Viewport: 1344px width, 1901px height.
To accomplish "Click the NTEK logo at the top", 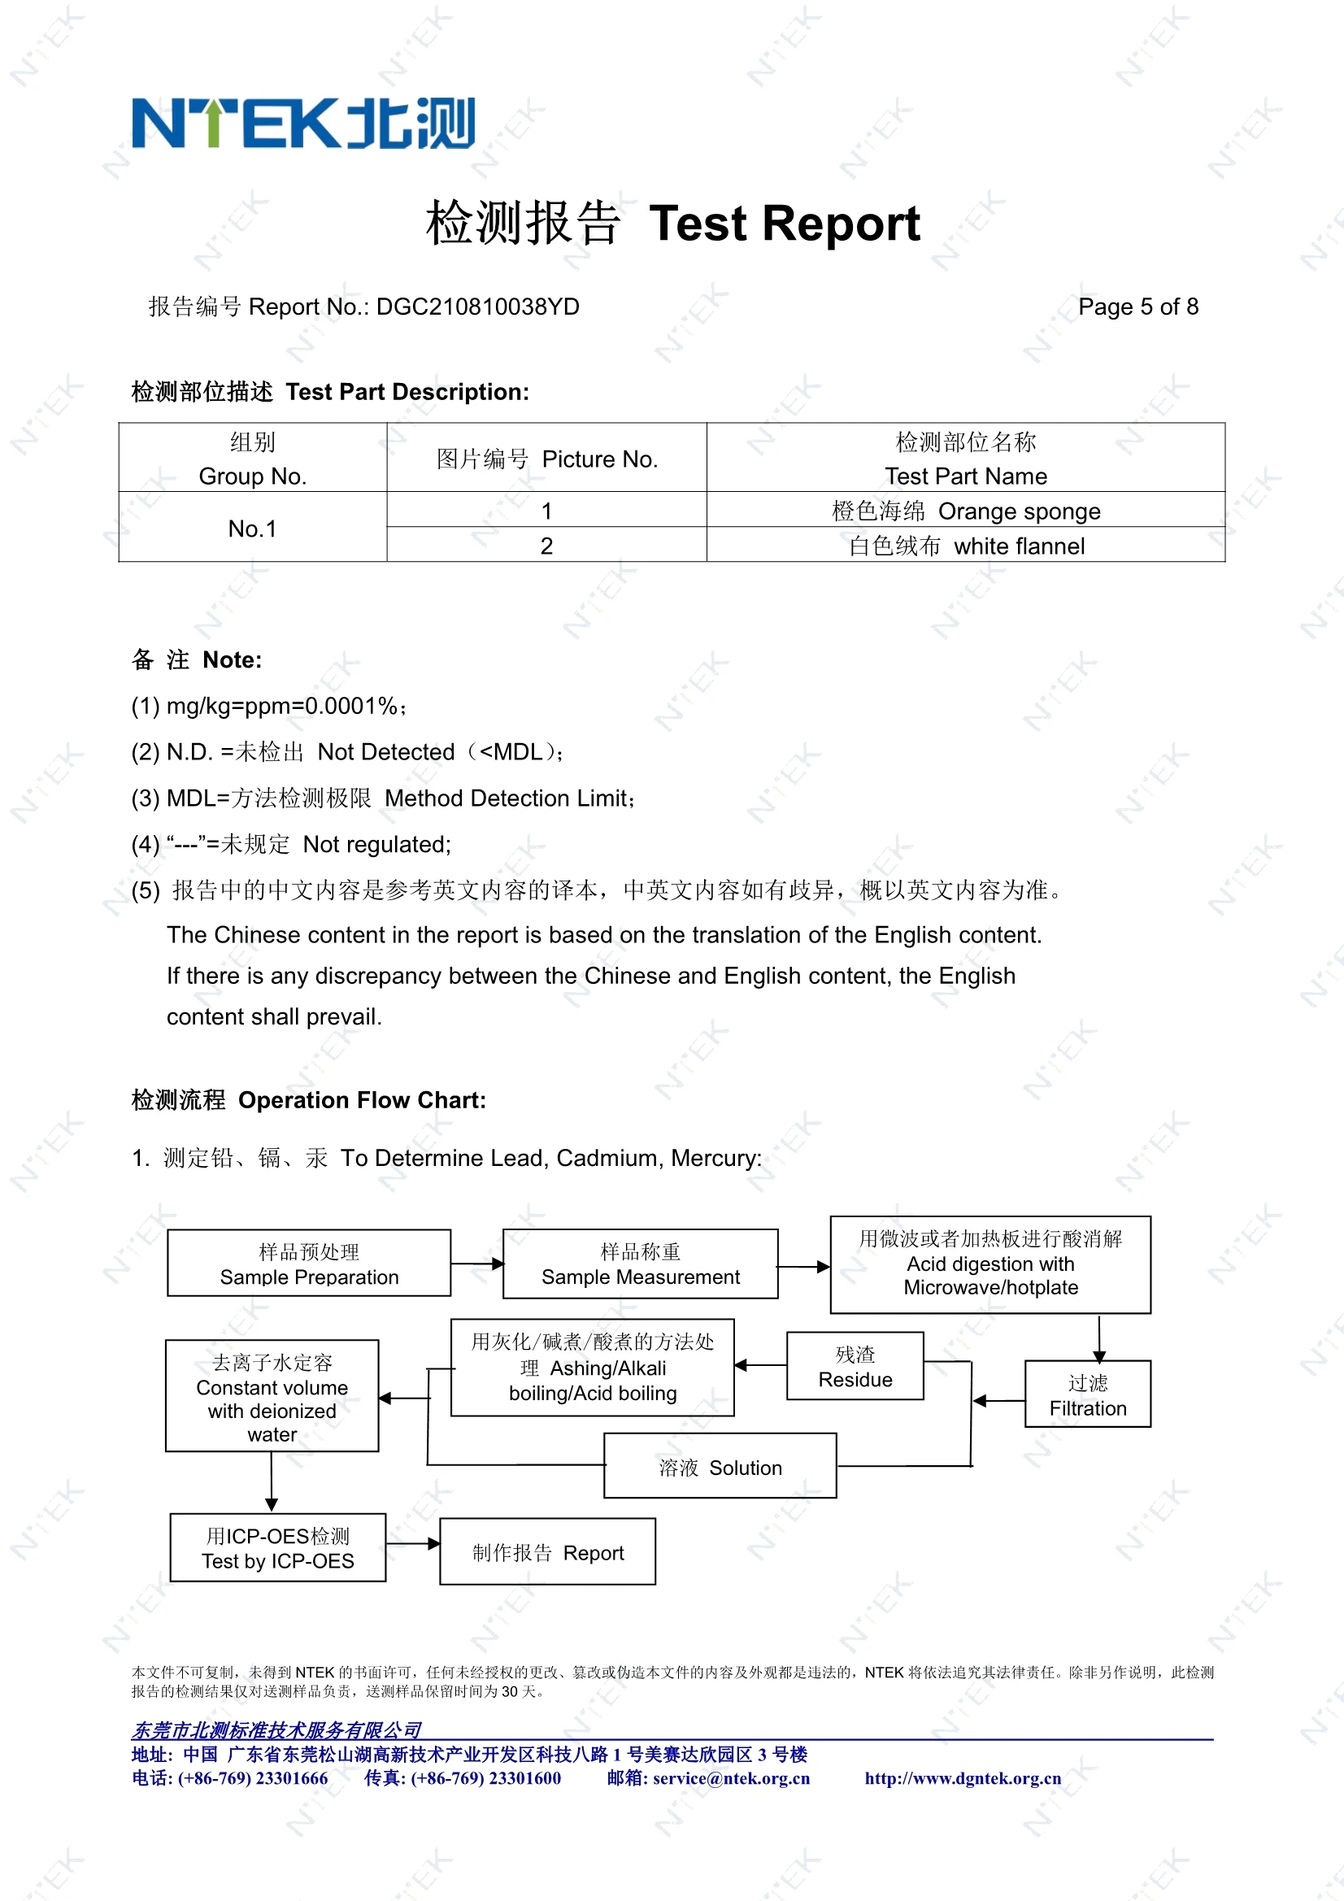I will [303, 124].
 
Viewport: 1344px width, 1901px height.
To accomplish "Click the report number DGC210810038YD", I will [477, 307].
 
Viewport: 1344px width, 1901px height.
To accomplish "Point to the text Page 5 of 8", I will [1137, 307].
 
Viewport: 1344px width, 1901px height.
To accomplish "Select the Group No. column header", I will [253, 459].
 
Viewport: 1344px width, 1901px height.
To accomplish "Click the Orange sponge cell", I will [966, 511].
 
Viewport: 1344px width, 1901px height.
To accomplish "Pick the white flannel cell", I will [966, 546].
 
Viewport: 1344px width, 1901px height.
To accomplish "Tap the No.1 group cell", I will [253, 529].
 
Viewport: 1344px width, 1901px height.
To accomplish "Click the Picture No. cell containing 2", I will [546, 546].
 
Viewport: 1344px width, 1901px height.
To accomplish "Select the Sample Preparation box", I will [309, 1264].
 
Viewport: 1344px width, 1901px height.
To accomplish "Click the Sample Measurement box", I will [640, 1264].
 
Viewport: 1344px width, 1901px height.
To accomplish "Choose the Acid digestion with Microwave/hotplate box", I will [990, 1264].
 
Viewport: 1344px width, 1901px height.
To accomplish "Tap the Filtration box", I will [1087, 1395].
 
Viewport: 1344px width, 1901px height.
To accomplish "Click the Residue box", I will [855, 1367].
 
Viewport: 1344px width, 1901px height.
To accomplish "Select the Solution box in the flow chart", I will [720, 1467].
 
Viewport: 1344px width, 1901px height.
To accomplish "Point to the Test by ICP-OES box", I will [277, 1548].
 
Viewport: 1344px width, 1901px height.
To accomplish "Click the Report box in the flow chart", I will [547, 1552].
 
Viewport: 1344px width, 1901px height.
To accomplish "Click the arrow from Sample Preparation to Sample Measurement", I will [478, 1264].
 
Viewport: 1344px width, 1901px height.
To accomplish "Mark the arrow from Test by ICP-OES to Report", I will [413, 1544].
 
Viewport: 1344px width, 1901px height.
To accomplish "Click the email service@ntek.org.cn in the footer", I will [731, 1778].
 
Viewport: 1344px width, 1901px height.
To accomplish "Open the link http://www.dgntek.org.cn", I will [962, 1778].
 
